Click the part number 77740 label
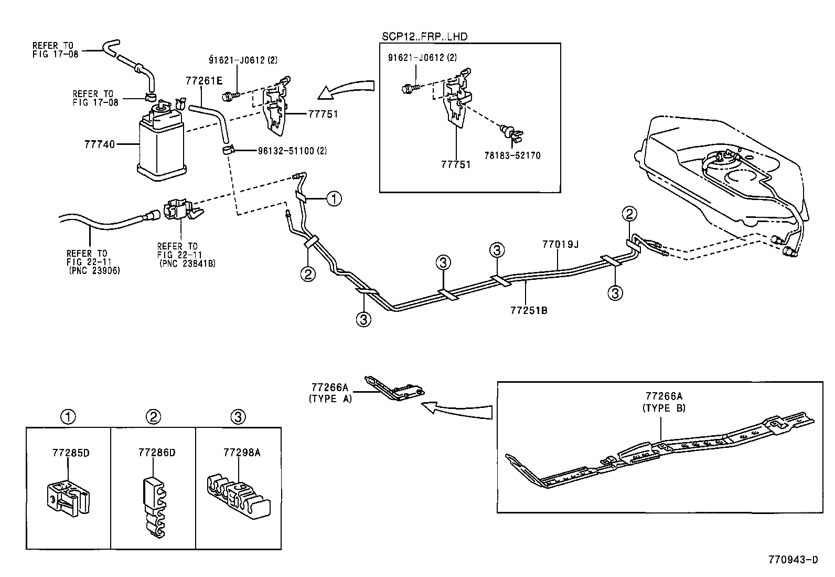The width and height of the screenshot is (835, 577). pos(99,143)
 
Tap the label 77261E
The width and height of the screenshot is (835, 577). pos(204,80)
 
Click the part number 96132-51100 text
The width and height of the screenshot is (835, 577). pos(292,151)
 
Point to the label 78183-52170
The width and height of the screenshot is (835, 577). pos(512,156)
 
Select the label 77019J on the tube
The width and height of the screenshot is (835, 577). pos(560,244)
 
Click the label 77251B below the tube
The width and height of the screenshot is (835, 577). pos(529,310)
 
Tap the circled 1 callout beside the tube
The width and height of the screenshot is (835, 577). pos(334,198)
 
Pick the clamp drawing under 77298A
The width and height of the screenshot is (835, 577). pos(237,497)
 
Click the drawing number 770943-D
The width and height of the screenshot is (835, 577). pos(793,560)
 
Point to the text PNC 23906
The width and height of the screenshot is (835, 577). pos(94,271)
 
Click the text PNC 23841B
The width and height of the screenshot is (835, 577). pos(187,263)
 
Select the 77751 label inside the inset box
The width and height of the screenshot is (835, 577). pos(455,164)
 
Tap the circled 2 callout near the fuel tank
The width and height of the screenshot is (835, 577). pos(629,214)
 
